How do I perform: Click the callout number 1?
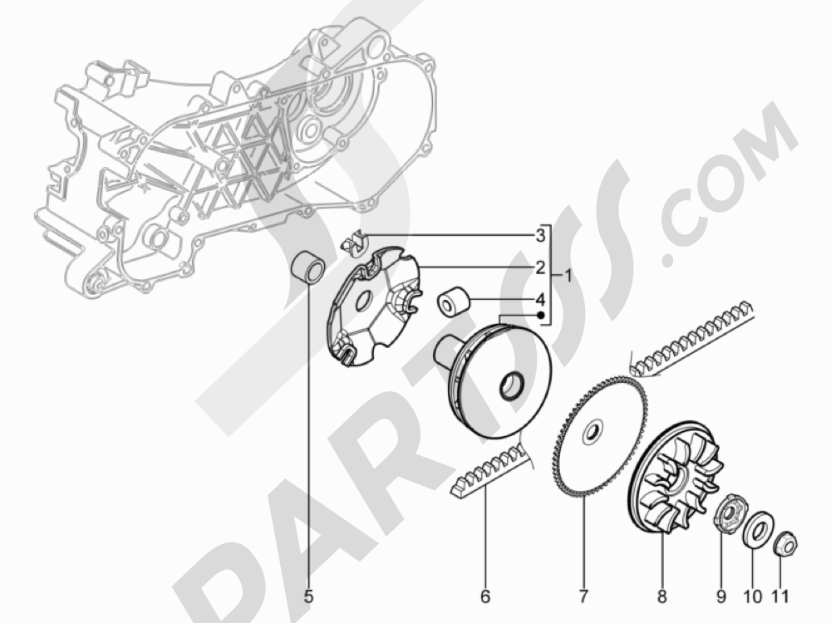point(567,276)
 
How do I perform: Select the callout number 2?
point(539,267)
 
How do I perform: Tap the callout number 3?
point(539,235)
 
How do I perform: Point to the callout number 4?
point(539,300)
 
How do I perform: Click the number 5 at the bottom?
point(308,596)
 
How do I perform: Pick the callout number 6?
point(485,596)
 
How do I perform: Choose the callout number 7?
point(583,596)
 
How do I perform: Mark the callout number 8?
point(662,596)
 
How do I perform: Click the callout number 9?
point(721,596)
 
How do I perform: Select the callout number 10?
point(753,596)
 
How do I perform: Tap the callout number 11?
point(779,596)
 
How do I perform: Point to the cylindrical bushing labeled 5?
point(310,268)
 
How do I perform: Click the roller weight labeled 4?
point(453,301)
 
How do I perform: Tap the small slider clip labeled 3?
point(354,242)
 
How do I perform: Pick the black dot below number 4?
point(541,316)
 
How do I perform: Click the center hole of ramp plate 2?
point(363,303)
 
